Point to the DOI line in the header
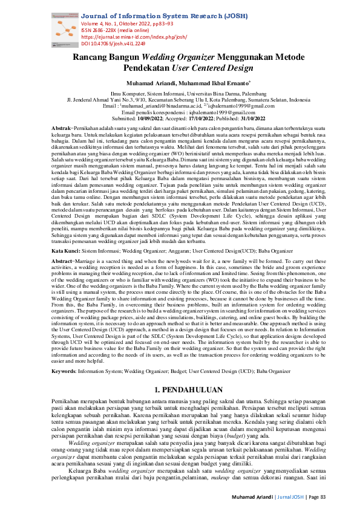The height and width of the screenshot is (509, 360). click(113, 44)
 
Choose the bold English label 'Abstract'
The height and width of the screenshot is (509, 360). click(62, 277)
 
